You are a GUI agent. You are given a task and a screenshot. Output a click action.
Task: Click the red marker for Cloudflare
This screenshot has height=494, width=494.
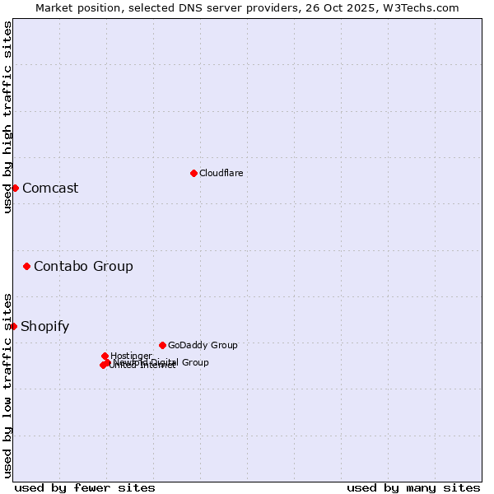pos(193,173)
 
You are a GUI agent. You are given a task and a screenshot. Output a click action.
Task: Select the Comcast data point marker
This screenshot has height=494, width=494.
pos(15,188)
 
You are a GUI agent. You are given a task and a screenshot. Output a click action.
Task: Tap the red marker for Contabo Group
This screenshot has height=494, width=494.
pos(27,266)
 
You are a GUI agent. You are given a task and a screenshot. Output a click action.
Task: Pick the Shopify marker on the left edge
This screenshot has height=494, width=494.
pos(13,326)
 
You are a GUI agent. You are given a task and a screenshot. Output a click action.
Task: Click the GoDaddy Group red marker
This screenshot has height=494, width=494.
pos(162,345)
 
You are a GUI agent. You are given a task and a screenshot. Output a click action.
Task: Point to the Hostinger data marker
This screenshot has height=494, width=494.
pos(105,356)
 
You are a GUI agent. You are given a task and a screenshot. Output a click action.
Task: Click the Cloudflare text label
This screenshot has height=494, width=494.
pos(221,173)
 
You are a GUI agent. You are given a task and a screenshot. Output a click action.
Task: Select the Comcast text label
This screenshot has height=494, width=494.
pos(50,188)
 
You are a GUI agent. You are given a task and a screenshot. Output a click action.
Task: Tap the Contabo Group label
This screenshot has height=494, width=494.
pos(83,266)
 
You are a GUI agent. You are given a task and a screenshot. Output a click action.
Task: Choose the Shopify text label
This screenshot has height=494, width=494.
pos(44,326)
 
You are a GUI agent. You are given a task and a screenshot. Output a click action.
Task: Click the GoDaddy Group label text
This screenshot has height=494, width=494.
pos(203,345)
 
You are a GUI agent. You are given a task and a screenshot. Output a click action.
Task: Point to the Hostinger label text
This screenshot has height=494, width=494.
pos(131,356)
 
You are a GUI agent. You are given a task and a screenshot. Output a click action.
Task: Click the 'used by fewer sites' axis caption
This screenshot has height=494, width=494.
pos(85,487)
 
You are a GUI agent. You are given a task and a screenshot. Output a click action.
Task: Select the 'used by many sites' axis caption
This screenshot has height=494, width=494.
pos(413,487)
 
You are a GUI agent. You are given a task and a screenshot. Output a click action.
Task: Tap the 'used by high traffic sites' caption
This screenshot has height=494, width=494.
pos(7,117)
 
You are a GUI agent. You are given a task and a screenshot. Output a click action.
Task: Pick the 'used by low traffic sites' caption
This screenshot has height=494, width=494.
pos(7,384)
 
